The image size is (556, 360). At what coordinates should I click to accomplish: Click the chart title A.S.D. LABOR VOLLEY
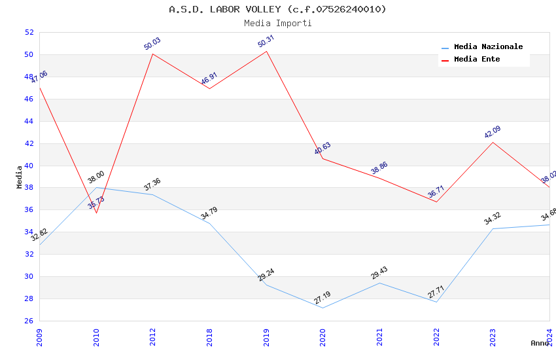277,9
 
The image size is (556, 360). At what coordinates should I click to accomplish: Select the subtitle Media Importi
277,23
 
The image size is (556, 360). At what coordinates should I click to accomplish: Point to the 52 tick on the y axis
29,32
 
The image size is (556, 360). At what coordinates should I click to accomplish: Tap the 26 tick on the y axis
29,321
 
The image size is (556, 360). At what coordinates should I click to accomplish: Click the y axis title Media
20,177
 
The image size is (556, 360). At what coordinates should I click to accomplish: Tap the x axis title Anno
540,343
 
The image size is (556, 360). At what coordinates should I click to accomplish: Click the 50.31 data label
266,42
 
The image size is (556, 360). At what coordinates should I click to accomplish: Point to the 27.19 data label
322,298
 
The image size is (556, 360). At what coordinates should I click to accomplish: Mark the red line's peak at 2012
152,54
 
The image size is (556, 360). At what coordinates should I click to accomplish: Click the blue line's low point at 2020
322,308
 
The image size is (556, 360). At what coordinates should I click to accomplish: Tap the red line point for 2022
436,202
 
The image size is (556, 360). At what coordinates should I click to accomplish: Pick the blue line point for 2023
493,228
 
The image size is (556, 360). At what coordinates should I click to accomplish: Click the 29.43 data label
379,273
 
